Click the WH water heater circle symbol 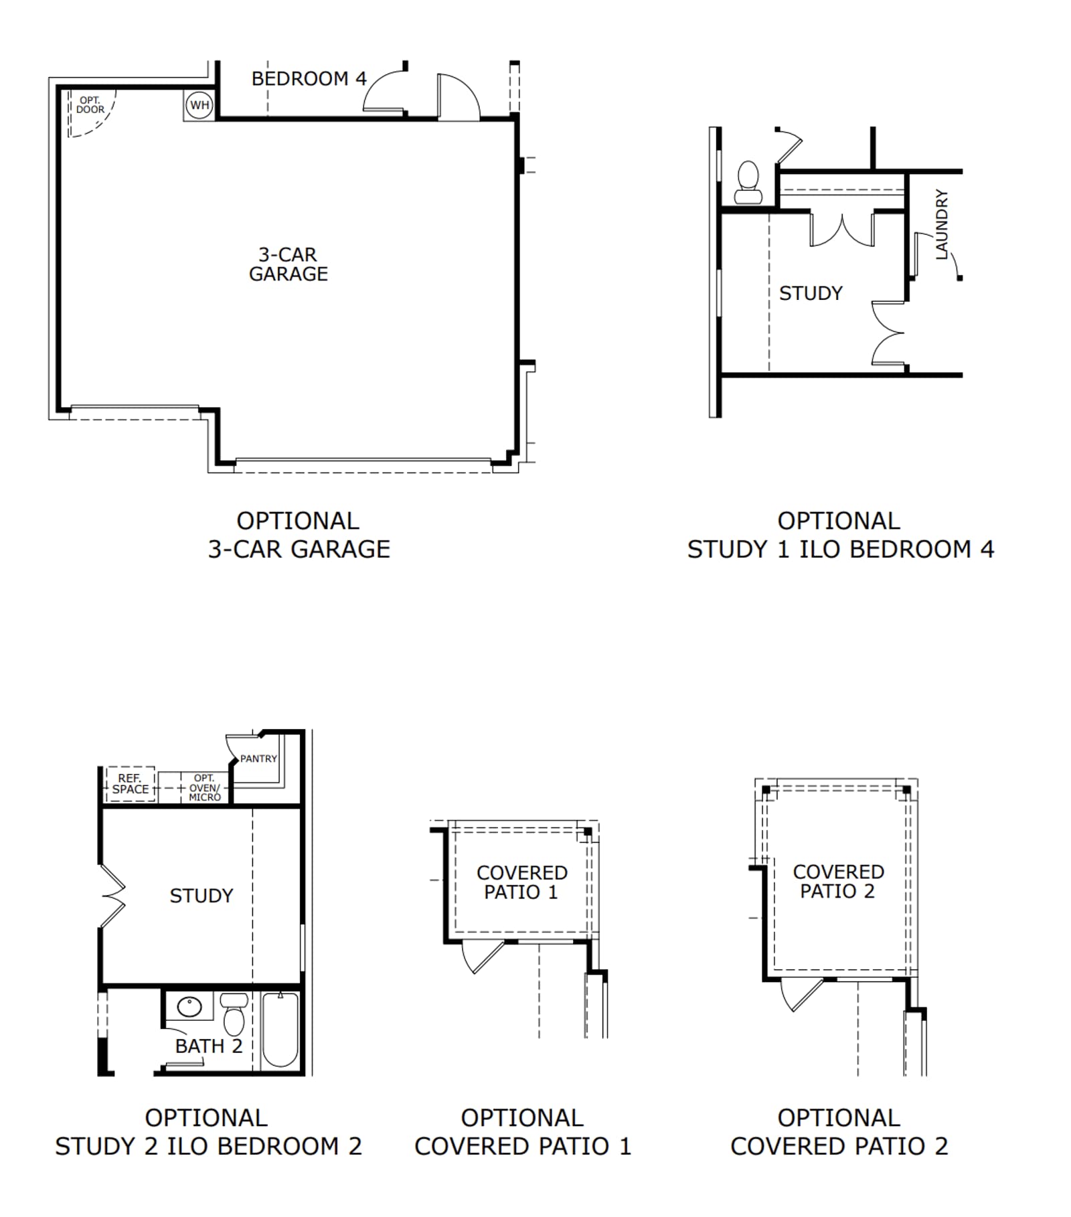(x=199, y=105)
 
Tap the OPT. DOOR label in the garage (x=90, y=105)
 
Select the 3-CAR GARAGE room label (x=289, y=264)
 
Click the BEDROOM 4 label (x=309, y=79)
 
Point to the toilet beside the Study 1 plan (x=748, y=182)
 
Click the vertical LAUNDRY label (x=942, y=224)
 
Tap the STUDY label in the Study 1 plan (x=811, y=293)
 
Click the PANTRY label (x=258, y=758)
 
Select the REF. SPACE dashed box (x=131, y=784)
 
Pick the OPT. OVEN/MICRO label (x=204, y=787)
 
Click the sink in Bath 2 (x=189, y=1006)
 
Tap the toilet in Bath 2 (x=234, y=1013)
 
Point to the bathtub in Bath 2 (x=280, y=1029)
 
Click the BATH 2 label (x=209, y=1046)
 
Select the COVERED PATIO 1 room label (x=521, y=882)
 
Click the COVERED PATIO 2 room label (x=838, y=882)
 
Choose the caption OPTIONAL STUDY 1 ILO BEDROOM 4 (x=840, y=535)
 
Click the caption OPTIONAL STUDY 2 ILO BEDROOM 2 (x=208, y=1132)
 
